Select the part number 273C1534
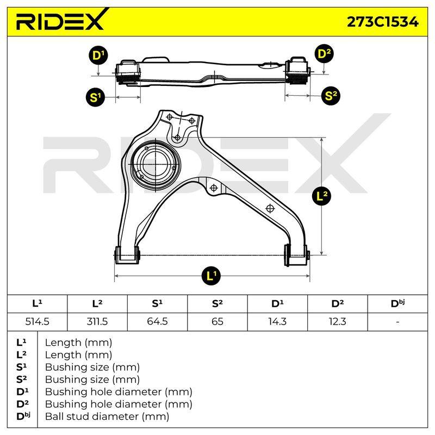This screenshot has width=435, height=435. tap(383, 22)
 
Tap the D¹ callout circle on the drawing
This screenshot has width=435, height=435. tap(98, 55)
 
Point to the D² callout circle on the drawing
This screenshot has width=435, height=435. tap(324, 54)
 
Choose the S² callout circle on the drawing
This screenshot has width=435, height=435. tap(331, 96)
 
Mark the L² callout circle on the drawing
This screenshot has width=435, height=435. tap(321, 196)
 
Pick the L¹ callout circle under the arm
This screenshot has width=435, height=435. tap(211, 276)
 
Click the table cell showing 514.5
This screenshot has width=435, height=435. tap(37, 321)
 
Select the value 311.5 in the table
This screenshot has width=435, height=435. tap(97, 321)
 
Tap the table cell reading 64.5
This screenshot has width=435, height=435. tap(157, 321)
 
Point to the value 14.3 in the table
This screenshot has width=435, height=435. tap(277, 321)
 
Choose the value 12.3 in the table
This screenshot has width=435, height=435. tap(337, 321)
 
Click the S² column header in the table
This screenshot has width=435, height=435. tap(217, 304)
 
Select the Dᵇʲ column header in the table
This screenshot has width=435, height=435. tap(397, 303)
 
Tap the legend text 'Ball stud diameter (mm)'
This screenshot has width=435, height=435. tap(107, 417)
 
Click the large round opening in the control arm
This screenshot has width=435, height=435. tap(155, 165)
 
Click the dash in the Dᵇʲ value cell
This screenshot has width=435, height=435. tap(397, 322)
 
